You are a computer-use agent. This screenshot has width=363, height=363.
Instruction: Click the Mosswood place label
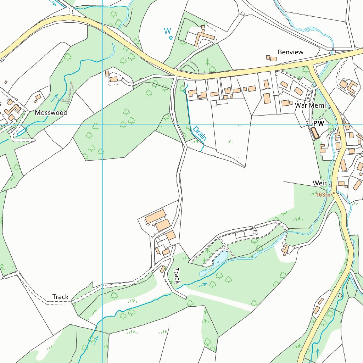point(51,113)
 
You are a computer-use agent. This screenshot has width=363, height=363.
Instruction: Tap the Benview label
point(290,52)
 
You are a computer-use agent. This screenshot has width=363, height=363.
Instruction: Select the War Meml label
point(310,105)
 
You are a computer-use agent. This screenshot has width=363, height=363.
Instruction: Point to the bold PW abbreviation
point(319,123)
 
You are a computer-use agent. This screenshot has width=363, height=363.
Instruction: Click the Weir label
point(319,183)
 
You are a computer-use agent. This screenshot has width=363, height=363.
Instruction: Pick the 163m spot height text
point(323,195)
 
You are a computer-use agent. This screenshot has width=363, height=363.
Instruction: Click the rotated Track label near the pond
point(177,276)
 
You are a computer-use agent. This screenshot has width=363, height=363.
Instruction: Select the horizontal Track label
point(60,297)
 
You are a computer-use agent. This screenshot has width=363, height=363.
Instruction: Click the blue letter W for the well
point(167,31)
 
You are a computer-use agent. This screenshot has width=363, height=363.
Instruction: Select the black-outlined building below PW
point(315,133)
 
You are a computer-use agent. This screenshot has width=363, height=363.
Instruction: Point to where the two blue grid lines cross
point(102,125)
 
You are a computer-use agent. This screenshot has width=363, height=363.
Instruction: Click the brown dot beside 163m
point(333,194)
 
